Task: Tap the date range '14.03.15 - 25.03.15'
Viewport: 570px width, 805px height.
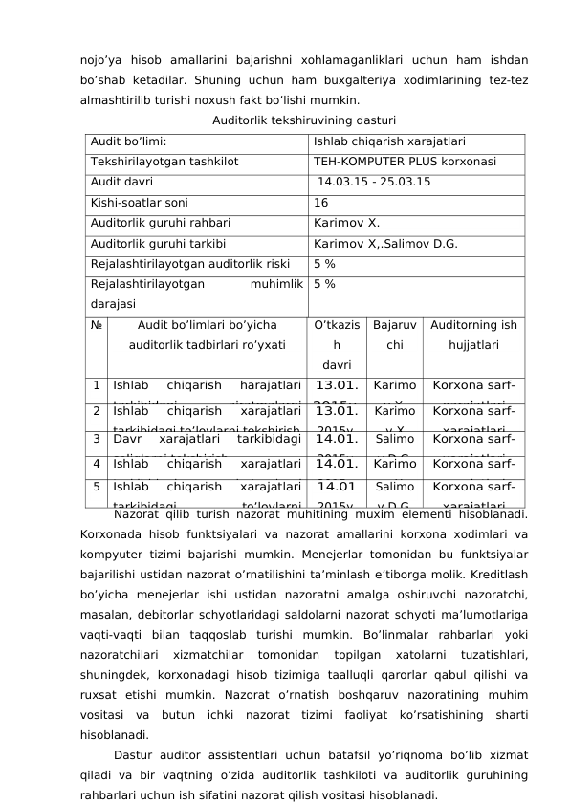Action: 374,183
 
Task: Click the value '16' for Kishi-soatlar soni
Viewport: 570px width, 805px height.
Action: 321,203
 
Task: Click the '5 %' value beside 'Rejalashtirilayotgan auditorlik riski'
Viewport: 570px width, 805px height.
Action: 324,263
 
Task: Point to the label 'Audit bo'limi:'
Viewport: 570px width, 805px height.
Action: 129,141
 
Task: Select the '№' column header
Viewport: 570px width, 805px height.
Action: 97,325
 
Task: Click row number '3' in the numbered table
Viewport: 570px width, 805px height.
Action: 98,440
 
